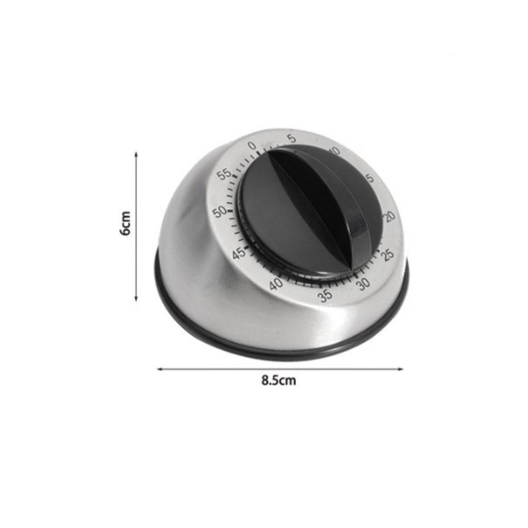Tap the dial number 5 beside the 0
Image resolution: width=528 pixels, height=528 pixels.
point(292,139)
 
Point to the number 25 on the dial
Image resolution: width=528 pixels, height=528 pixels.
point(389,254)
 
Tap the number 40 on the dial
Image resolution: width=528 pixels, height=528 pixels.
point(276,285)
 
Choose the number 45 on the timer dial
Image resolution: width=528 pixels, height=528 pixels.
point(239,253)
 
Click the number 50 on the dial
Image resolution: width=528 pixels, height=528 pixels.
point(220,211)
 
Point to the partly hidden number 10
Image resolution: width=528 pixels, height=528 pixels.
point(334,152)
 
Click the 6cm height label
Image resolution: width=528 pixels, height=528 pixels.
point(125,224)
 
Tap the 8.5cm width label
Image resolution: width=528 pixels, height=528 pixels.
point(279,381)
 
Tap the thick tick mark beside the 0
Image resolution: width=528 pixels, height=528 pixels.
point(258,153)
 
